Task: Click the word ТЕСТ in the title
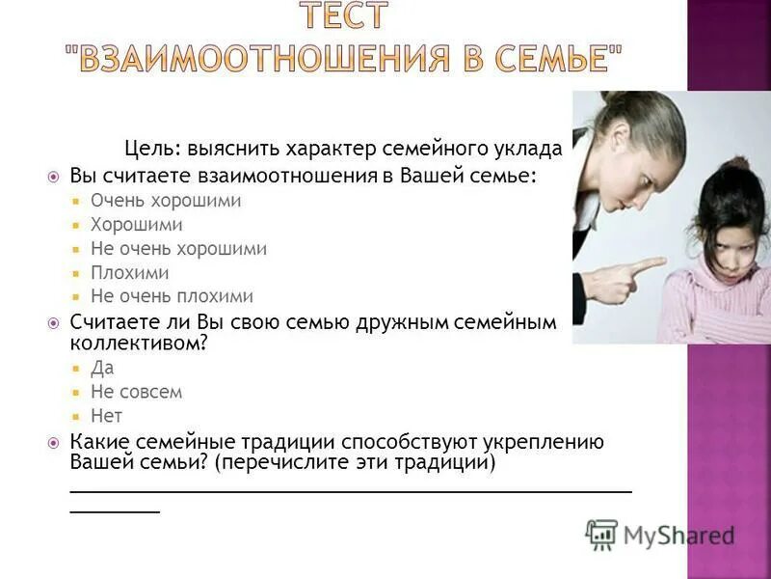coord(343,15)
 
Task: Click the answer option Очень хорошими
coord(166,201)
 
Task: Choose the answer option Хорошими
coord(137,225)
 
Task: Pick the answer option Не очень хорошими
coord(178,249)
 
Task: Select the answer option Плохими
coord(130,273)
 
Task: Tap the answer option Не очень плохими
coord(172,297)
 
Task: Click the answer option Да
coord(102,368)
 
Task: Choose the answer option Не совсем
coord(136,392)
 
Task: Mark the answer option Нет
coord(106,416)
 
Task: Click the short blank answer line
coord(115,509)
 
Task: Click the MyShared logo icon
coord(601,535)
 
